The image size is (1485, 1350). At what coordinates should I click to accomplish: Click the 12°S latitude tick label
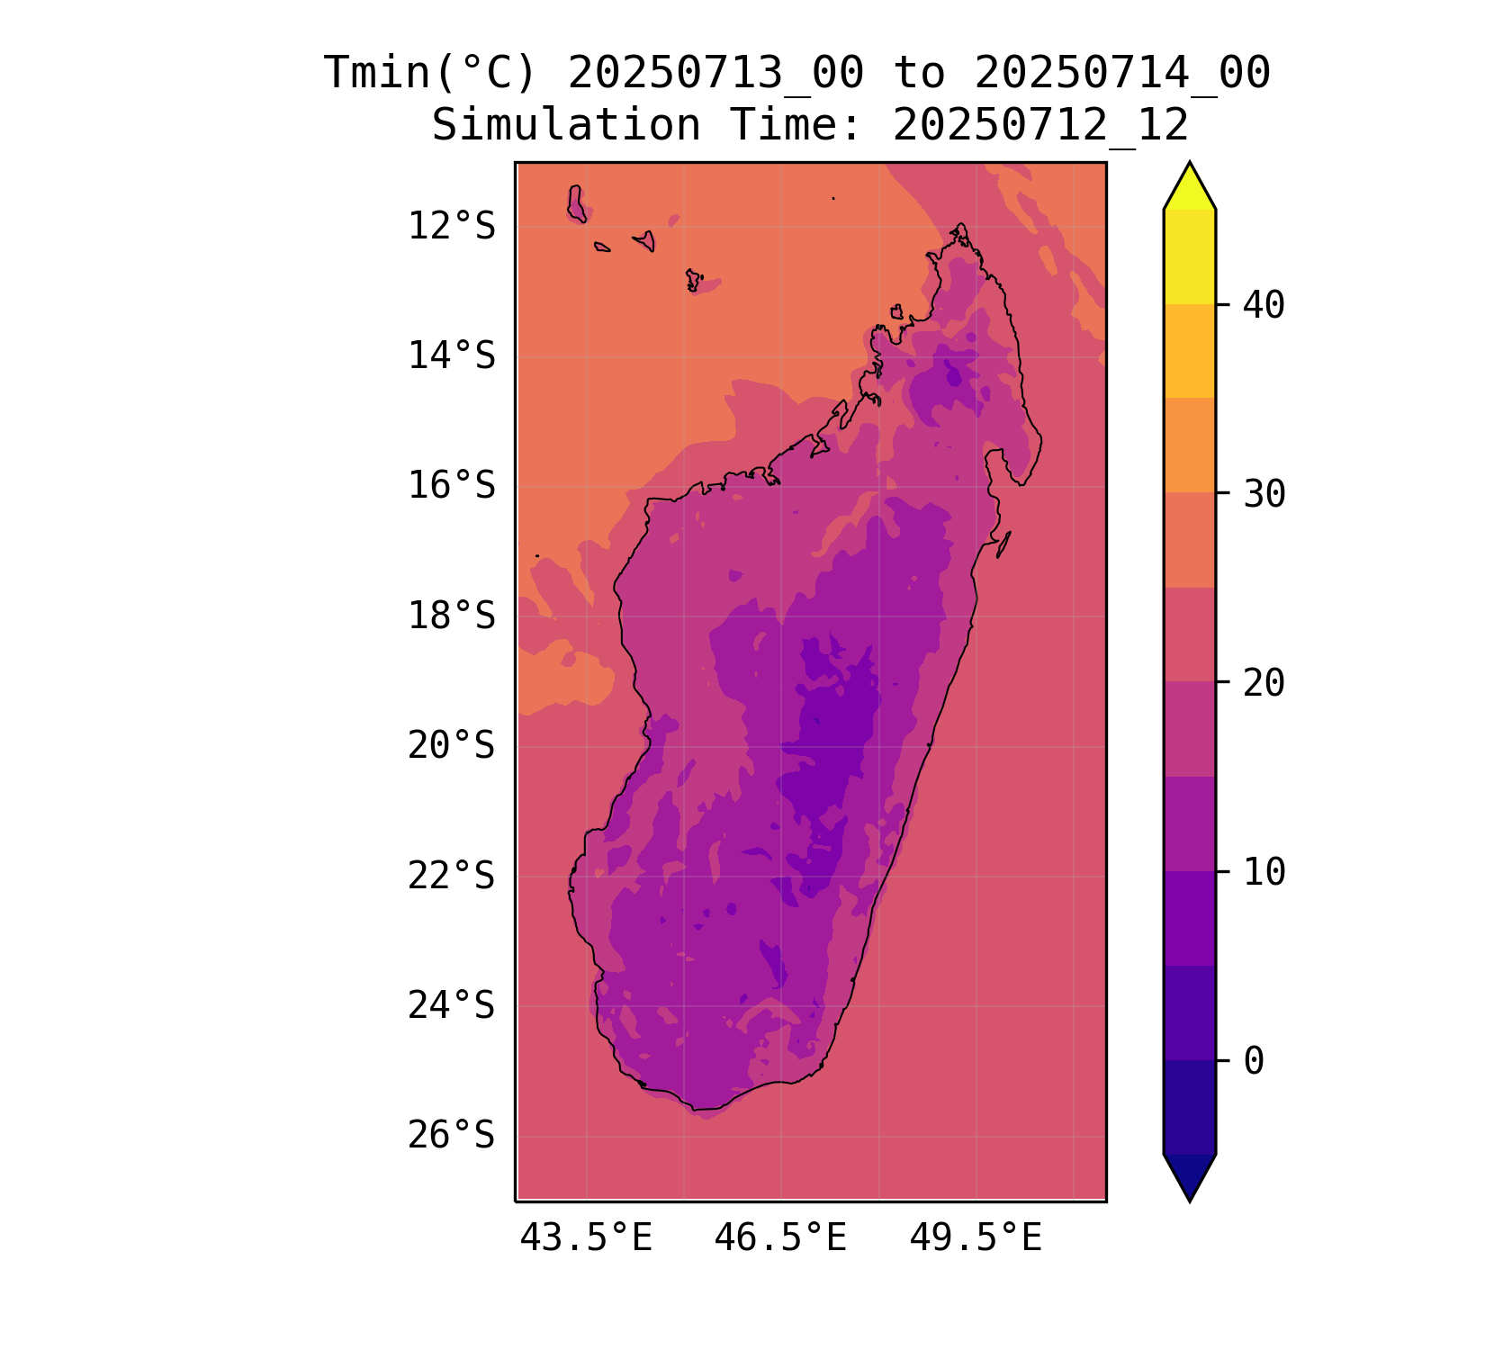pyautogui.click(x=451, y=227)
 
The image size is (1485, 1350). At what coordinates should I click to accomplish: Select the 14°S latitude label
pyautogui.click(x=451, y=356)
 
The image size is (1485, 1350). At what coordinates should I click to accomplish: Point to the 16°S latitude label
pyautogui.click(x=451, y=486)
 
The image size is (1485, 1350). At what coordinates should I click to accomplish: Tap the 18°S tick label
pyautogui.click(x=451, y=616)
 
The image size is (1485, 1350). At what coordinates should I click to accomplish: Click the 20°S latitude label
pyautogui.click(x=451, y=746)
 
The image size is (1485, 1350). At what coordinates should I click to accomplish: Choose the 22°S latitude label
pyautogui.click(x=451, y=876)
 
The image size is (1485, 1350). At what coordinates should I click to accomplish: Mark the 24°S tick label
pyautogui.click(x=451, y=1006)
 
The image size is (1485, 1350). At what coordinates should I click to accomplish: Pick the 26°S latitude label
pyautogui.click(x=451, y=1136)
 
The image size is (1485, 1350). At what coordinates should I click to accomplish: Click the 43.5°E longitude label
pyautogui.click(x=586, y=1238)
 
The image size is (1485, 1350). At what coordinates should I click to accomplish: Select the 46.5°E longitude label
pyautogui.click(x=780, y=1238)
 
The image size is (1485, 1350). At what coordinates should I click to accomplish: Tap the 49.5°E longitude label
pyautogui.click(x=976, y=1238)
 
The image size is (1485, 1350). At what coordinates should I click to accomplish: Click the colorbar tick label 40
pyautogui.click(x=1264, y=305)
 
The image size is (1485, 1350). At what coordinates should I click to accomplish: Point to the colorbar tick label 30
pyautogui.click(x=1264, y=494)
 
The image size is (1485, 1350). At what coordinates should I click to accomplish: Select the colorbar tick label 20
pyautogui.click(x=1264, y=683)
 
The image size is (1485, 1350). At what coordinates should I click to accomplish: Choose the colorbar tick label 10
pyautogui.click(x=1264, y=872)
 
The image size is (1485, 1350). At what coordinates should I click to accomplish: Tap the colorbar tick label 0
pyautogui.click(x=1253, y=1061)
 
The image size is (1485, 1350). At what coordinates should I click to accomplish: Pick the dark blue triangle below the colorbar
pyautogui.click(x=1189, y=1174)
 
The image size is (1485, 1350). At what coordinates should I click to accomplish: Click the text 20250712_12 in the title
pyautogui.click(x=1040, y=125)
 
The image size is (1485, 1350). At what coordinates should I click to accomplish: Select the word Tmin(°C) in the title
pyautogui.click(x=430, y=73)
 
